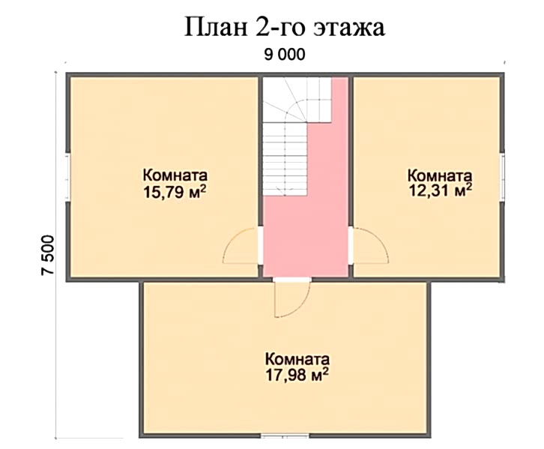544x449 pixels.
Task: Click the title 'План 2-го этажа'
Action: (285, 27)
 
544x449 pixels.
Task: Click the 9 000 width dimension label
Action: (285, 55)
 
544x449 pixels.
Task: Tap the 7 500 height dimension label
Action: (48, 256)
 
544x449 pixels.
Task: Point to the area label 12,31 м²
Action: (441, 190)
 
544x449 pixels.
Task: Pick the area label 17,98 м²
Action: (297, 375)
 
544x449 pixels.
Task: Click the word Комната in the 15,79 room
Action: (175, 175)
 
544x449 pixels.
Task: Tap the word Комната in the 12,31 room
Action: (440, 175)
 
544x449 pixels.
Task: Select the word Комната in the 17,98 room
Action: (297, 359)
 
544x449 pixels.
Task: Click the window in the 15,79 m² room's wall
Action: (68, 177)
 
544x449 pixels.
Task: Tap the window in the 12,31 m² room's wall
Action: (502, 177)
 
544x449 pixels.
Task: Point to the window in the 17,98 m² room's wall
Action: (285, 436)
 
